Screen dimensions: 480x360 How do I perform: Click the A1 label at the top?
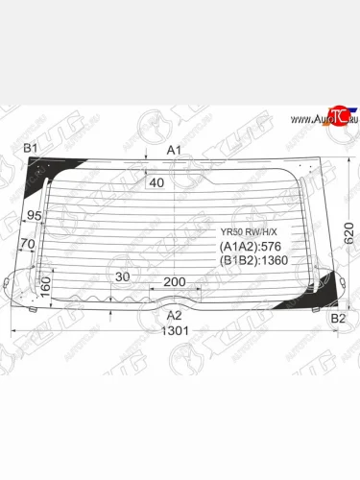[x=174, y=149]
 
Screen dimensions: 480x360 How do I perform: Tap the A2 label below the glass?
[x=174, y=315]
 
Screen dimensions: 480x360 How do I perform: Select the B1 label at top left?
[x=30, y=148]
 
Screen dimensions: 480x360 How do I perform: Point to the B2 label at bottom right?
[x=337, y=317]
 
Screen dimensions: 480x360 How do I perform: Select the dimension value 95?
[x=35, y=215]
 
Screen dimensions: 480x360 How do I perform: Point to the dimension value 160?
[x=43, y=286]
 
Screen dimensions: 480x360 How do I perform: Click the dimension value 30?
[x=121, y=276]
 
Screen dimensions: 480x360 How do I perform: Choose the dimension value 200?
[x=174, y=281]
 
